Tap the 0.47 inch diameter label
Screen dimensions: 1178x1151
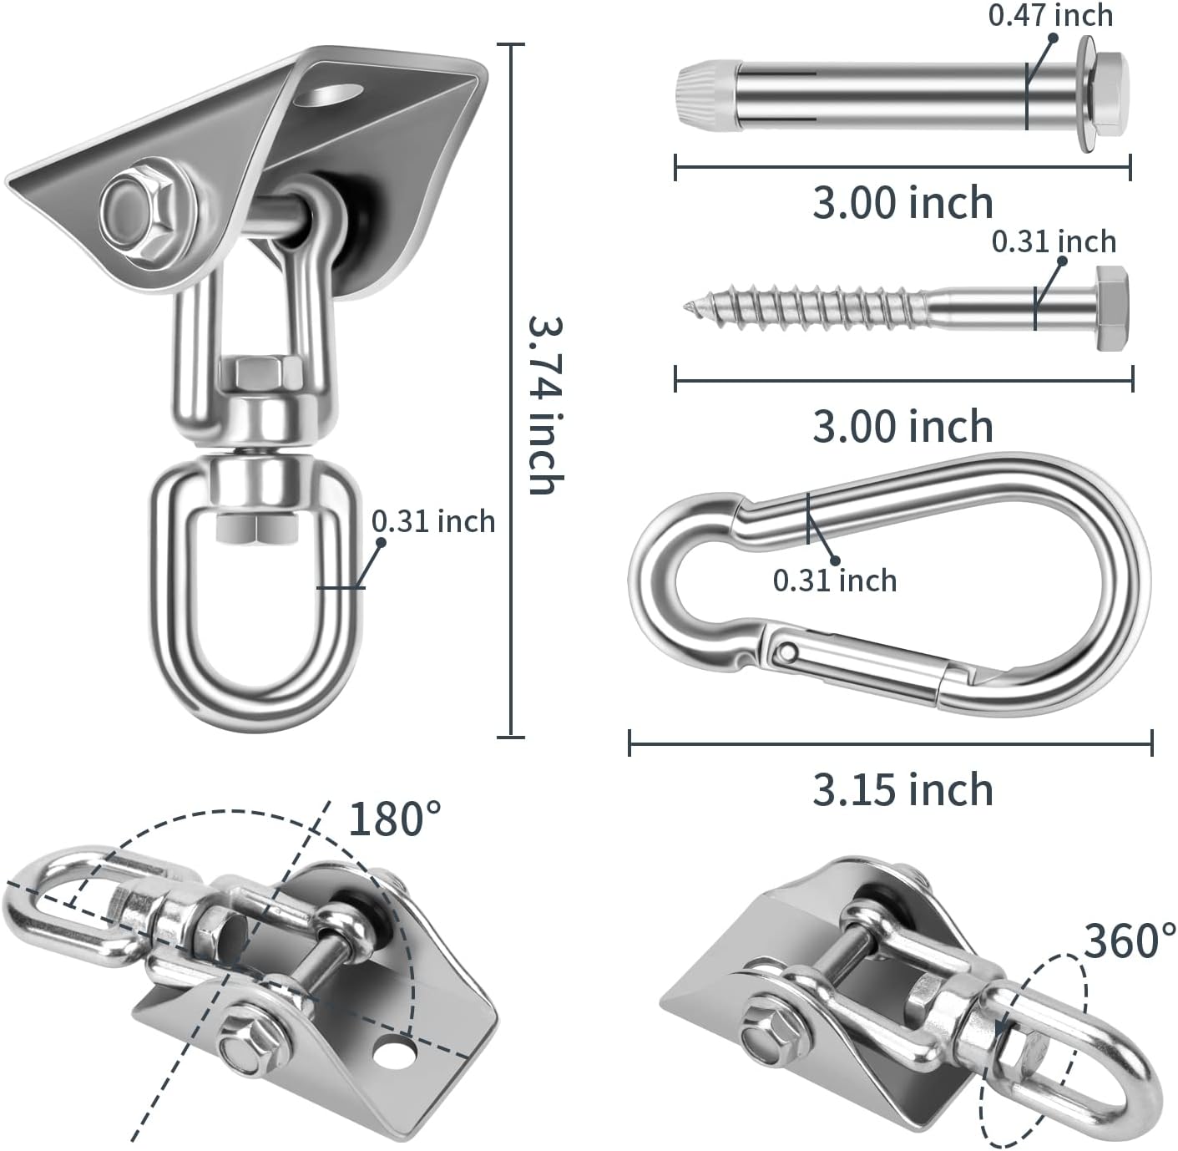point(1050,15)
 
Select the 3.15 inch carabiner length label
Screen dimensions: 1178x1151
point(902,789)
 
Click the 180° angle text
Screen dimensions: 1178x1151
point(395,819)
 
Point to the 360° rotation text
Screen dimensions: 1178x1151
point(1130,941)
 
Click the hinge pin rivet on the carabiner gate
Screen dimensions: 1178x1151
point(787,652)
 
